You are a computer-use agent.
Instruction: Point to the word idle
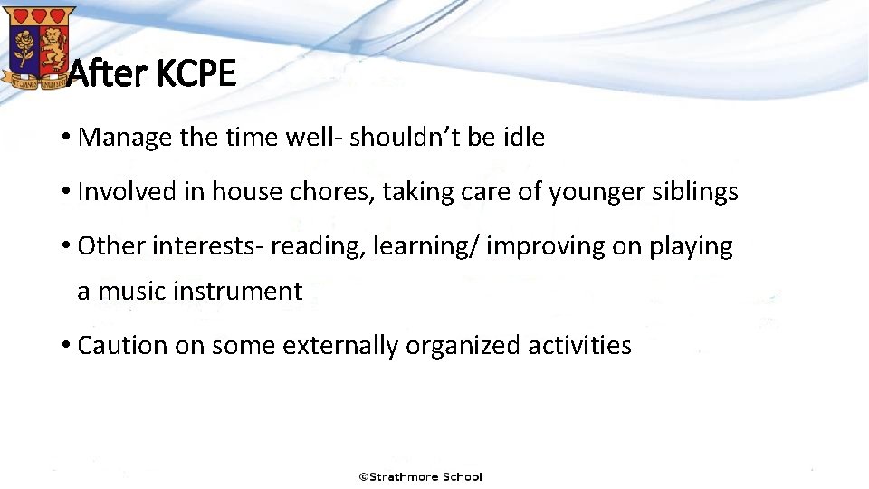click(524, 138)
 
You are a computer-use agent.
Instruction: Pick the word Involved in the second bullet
click(119, 192)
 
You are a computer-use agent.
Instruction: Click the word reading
click(313, 246)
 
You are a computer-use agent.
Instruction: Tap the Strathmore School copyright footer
click(420, 476)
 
